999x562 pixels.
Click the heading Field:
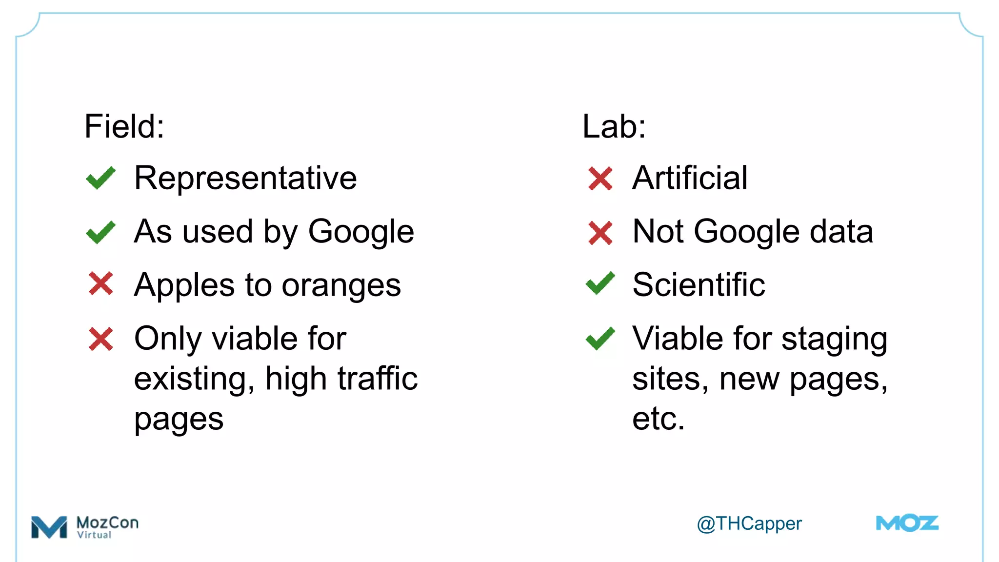(x=124, y=126)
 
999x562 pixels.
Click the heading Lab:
(x=614, y=126)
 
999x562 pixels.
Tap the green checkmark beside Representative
(x=101, y=178)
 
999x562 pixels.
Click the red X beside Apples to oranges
(x=101, y=284)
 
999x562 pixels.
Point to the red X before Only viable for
(x=101, y=339)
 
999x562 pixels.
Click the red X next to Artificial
(x=600, y=179)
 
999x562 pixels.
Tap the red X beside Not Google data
(x=600, y=233)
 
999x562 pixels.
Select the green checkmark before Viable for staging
(x=600, y=338)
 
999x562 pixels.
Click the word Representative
(x=245, y=178)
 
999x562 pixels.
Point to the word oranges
(x=341, y=285)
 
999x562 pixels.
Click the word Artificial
(x=690, y=178)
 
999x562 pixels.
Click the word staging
(x=834, y=340)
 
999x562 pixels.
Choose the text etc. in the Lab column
(x=659, y=419)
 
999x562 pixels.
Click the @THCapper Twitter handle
(x=749, y=523)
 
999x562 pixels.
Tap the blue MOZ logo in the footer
(x=907, y=523)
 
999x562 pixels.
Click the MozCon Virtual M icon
(x=49, y=527)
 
